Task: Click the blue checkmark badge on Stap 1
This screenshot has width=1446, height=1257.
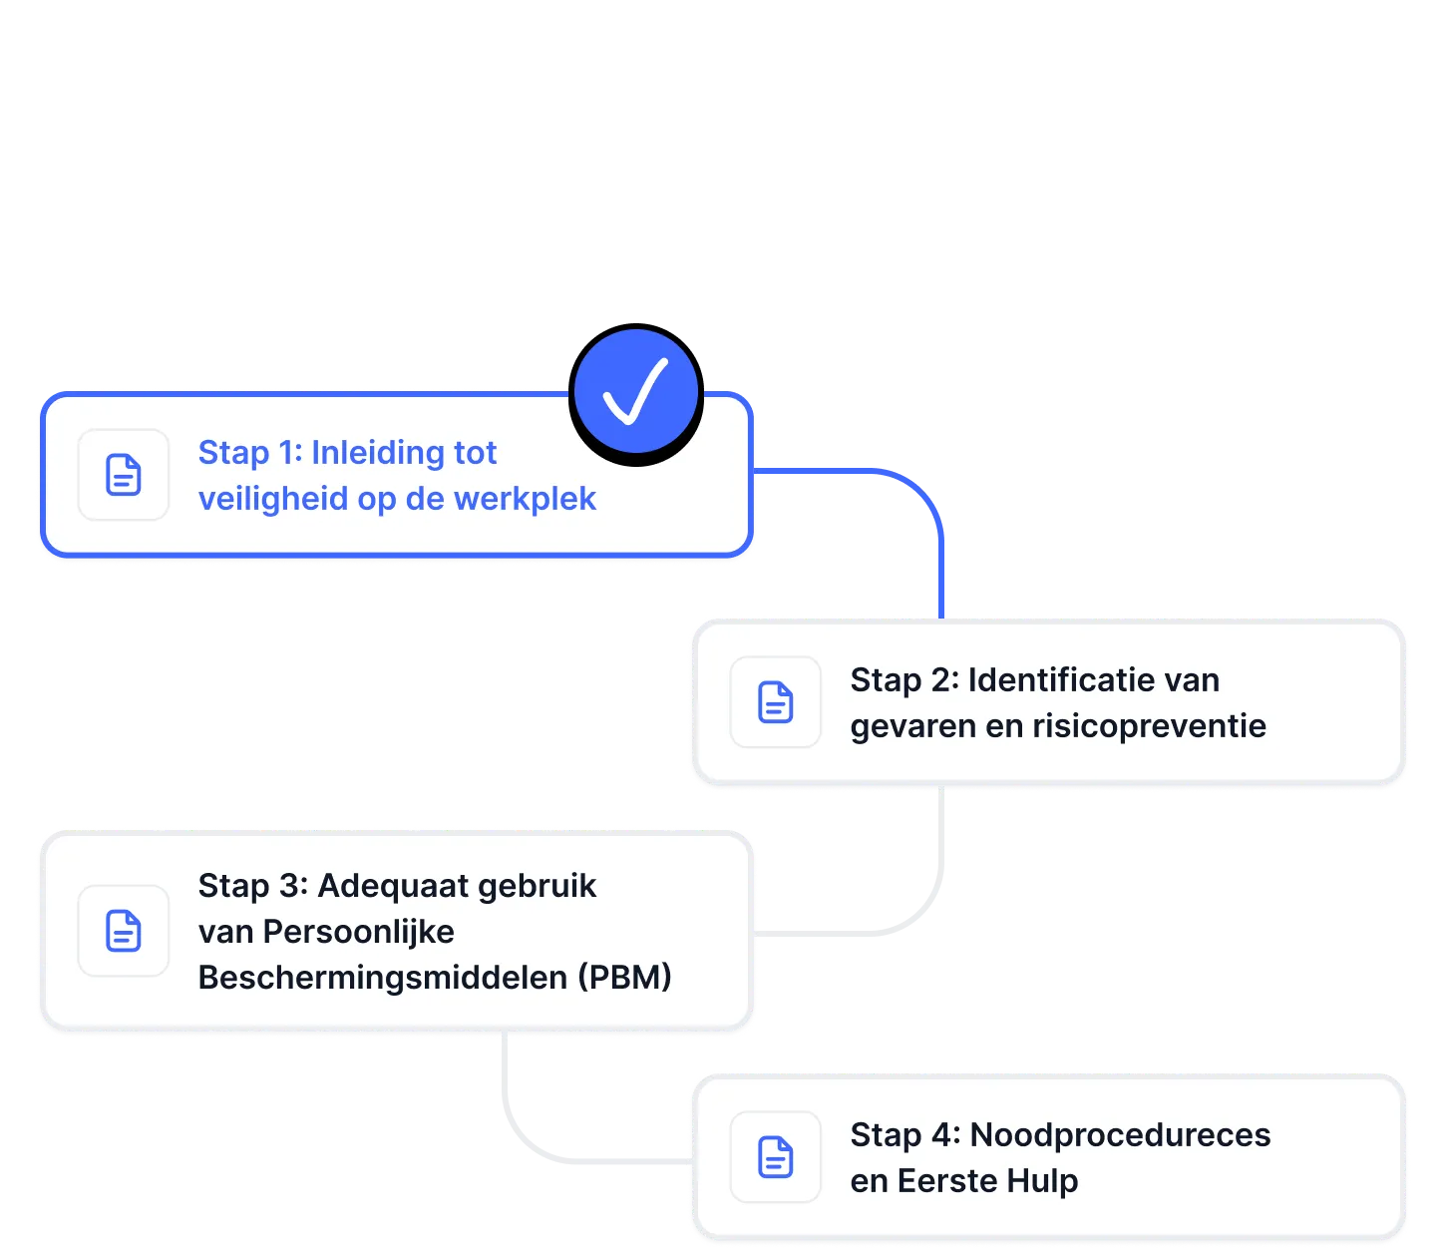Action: point(636,392)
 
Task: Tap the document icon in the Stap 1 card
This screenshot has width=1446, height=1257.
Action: point(124,475)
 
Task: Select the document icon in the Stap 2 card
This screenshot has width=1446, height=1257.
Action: point(776,702)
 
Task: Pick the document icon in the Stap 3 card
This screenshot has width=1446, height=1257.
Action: point(124,931)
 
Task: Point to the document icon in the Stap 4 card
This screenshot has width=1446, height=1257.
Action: point(776,1157)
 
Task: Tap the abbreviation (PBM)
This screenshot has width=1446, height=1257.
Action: point(625,978)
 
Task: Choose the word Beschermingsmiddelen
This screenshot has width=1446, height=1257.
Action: point(383,978)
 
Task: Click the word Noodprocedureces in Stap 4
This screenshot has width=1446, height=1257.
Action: point(1120,1135)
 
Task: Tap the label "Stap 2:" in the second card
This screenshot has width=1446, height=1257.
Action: point(904,680)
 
